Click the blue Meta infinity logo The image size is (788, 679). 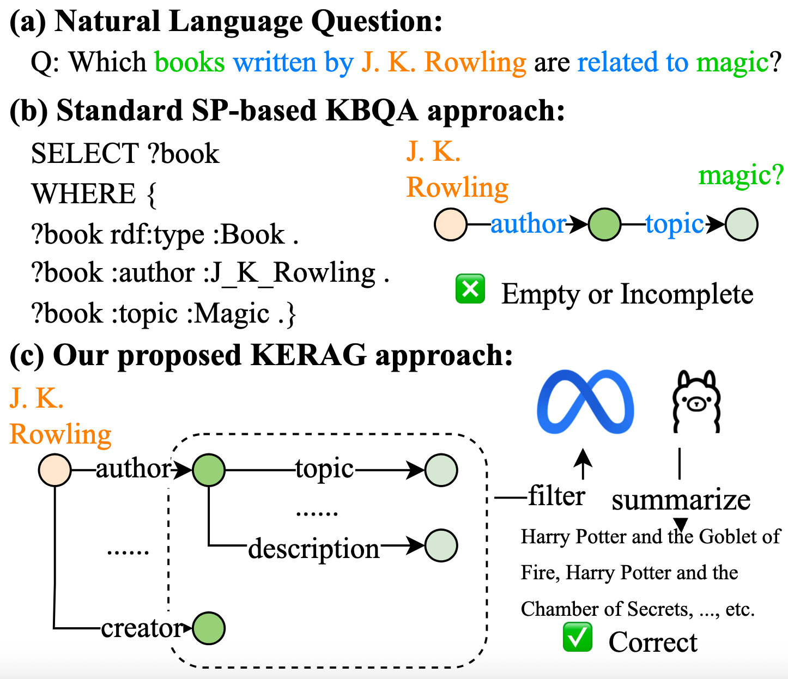coord(585,402)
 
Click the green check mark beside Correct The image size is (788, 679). coord(578,637)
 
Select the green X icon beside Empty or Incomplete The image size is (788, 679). coord(470,289)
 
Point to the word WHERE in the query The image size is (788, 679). coord(83,194)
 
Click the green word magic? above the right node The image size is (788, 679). coord(741,175)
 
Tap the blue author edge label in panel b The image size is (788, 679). coord(528,224)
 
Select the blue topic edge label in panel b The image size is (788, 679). coord(675,224)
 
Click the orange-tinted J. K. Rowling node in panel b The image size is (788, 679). coord(451,225)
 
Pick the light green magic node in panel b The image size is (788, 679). coord(742,225)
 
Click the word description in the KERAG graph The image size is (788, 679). coord(314,548)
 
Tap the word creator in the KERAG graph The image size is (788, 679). coord(141,628)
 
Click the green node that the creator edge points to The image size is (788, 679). coord(209,628)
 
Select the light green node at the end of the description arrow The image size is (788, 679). coord(441,545)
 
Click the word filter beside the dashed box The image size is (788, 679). coord(556,496)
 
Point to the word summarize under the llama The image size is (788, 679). coord(681,500)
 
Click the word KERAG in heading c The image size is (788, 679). coord(308,355)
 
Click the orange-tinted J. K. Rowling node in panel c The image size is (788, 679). coord(55,470)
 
